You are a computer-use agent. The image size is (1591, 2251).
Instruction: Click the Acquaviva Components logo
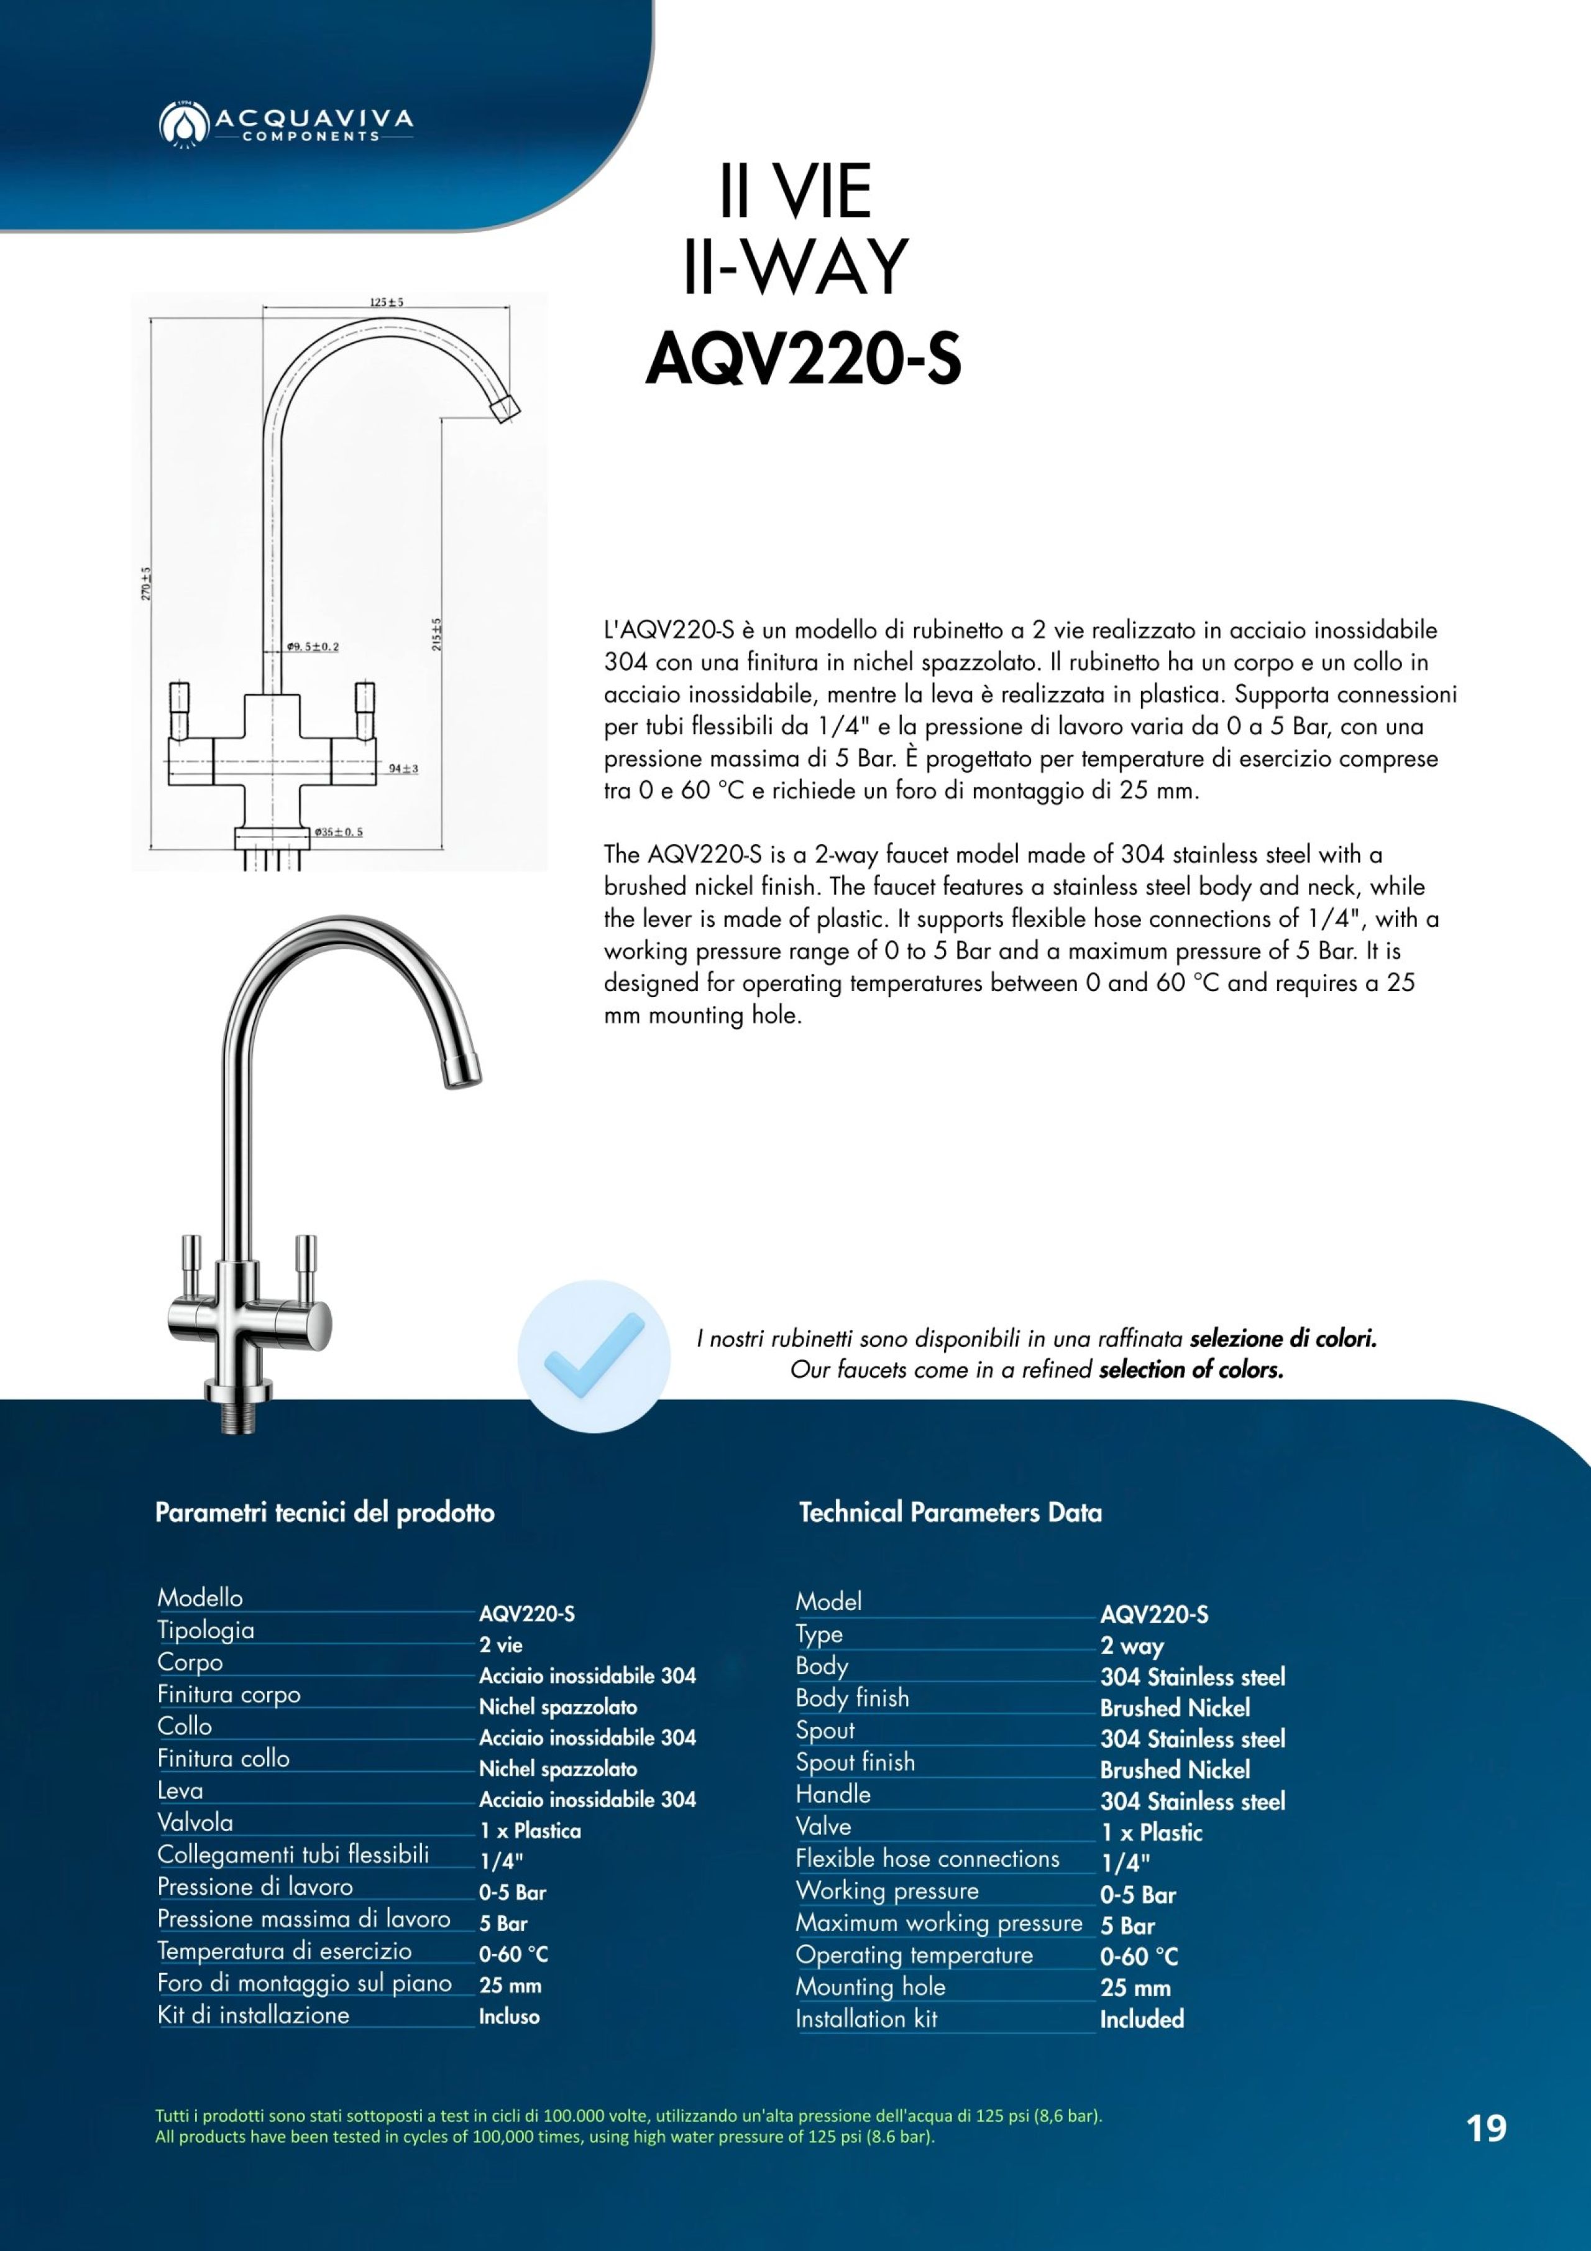[x=285, y=124]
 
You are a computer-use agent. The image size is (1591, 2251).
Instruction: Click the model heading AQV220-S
[x=803, y=361]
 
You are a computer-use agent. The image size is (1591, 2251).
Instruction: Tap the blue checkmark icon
[x=594, y=1357]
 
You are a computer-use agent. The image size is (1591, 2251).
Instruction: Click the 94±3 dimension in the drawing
[x=403, y=768]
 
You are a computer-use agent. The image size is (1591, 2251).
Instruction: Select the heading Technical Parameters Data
[x=950, y=1512]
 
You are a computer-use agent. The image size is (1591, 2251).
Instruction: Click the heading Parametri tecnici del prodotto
[x=324, y=1512]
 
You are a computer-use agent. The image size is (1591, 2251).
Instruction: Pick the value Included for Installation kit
[x=1142, y=2019]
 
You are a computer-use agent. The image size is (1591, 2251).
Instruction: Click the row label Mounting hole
[x=871, y=1986]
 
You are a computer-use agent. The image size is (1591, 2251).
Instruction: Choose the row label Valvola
[x=195, y=1821]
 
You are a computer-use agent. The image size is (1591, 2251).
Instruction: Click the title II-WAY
[x=795, y=267]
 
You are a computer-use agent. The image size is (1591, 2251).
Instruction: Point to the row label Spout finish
[x=855, y=1762]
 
